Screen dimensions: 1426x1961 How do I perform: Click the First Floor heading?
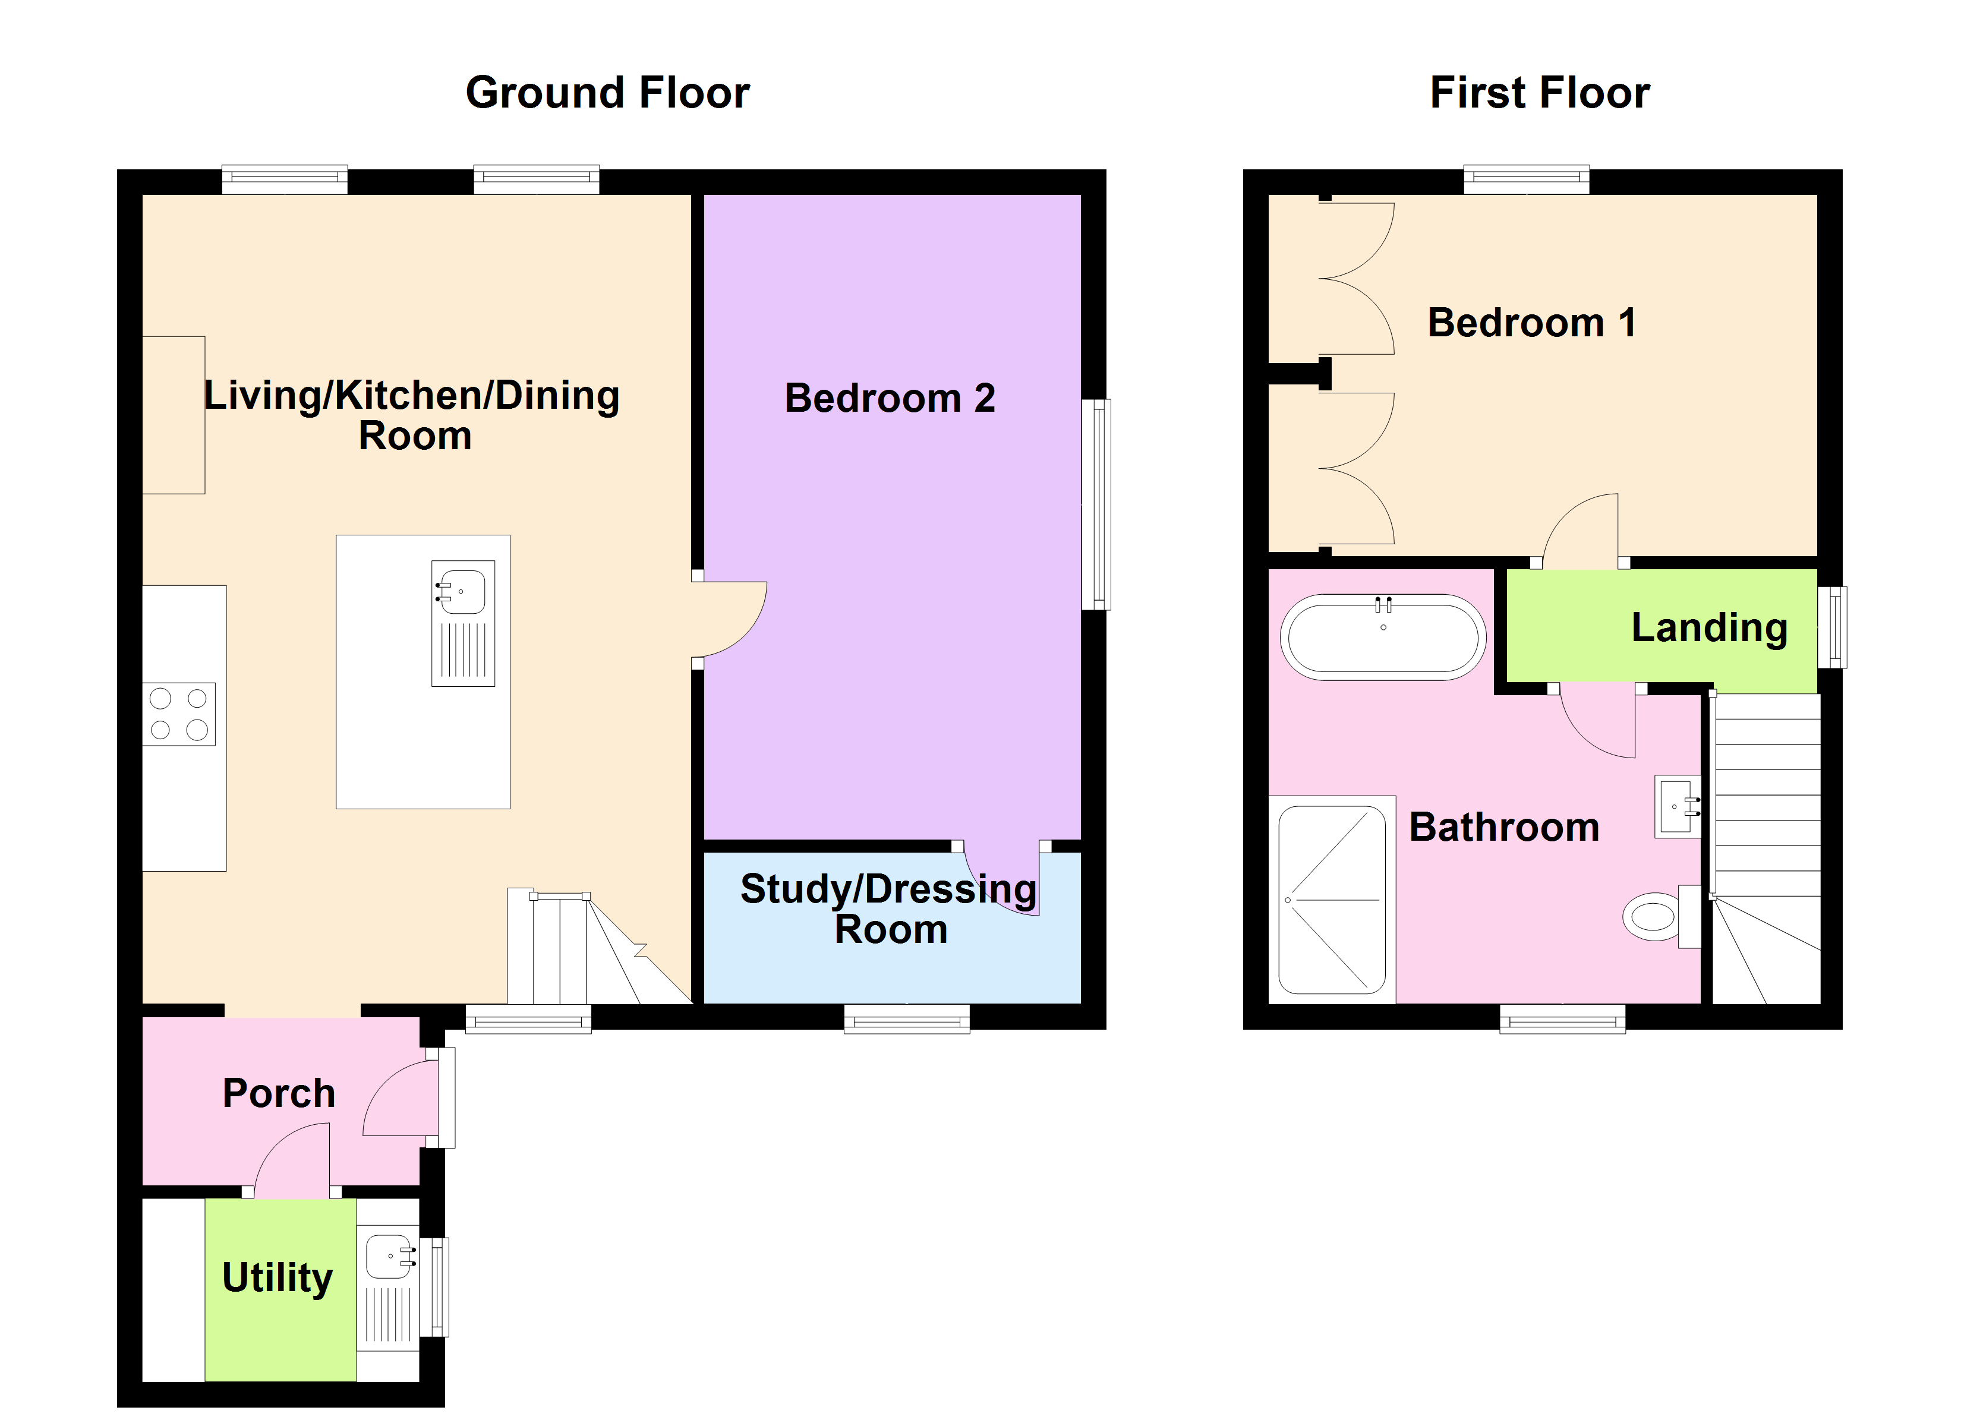click(1539, 93)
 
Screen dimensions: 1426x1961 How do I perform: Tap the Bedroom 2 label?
click(889, 399)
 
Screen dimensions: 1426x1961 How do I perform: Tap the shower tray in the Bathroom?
click(1332, 900)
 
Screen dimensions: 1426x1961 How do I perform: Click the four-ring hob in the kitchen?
click(178, 714)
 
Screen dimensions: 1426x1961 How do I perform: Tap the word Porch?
click(279, 1093)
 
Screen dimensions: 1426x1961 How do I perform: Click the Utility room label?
click(277, 1277)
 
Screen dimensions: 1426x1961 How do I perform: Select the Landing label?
click(1708, 628)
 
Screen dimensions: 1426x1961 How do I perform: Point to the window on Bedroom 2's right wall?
click(1096, 504)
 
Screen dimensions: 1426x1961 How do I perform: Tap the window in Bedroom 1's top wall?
click(1526, 178)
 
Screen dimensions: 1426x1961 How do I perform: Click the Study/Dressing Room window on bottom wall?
click(906, 1018)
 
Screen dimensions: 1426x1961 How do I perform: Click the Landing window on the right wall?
click(1832, 627)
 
